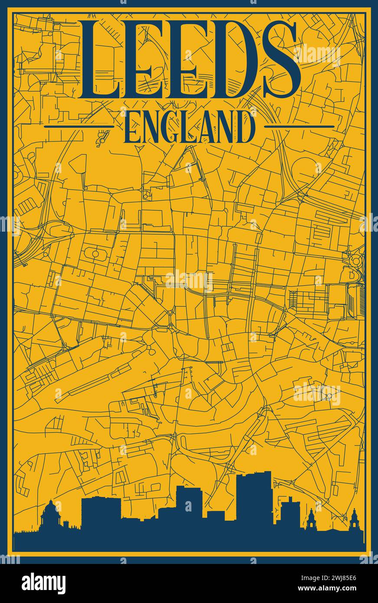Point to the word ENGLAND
coord(189,127)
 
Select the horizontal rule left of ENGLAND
coord(79,127)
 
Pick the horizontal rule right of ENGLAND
coord(299,127)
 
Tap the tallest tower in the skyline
coord(254,499)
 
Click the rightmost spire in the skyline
coord(354,521)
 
